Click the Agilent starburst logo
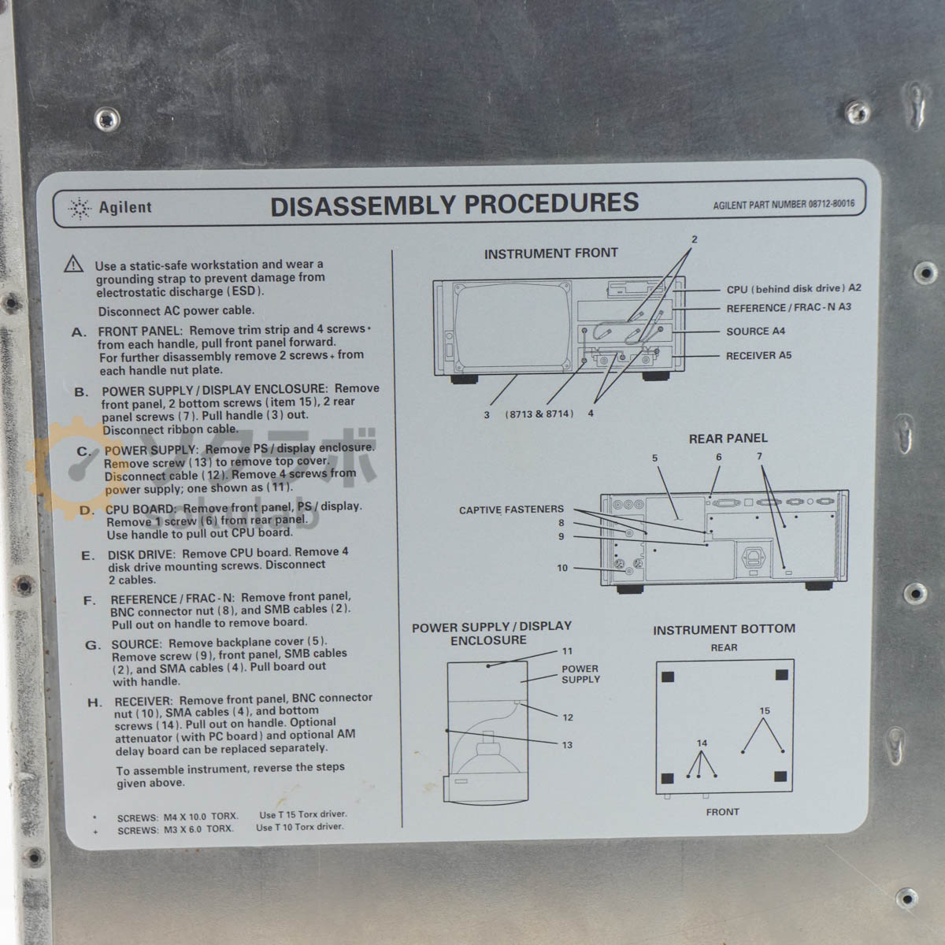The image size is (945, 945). click(x=80, y=209)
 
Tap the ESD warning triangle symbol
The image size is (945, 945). click(x=73, y=264)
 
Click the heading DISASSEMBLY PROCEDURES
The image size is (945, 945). click(x=454, y=205)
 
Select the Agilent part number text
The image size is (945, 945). click(x=784, y=204)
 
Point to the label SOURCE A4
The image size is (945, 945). click(x=755, y=332)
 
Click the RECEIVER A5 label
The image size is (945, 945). click(x=758, y=355)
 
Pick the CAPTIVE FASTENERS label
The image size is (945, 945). click(x=511, y=510)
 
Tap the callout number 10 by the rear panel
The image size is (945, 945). click(x=562, y=568)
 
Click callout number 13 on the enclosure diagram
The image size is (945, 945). click(x=567, y=745)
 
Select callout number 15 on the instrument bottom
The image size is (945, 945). click(x=765, y=710)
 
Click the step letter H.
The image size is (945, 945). click(x=94, y=702)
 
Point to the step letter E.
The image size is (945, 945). click(x=87, y=556)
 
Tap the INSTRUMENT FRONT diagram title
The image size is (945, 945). click(x=550, y=253)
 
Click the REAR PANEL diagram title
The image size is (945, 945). click(x=728, y=439)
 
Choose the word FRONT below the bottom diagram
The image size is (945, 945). click(x=722, y=812)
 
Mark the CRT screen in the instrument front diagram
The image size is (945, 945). click(x=513, y=327)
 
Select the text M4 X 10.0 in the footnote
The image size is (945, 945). click(x=185, y=817)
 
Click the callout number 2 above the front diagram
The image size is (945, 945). click(x=694, y=240)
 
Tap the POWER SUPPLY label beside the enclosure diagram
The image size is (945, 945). click(x=580, y=674)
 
